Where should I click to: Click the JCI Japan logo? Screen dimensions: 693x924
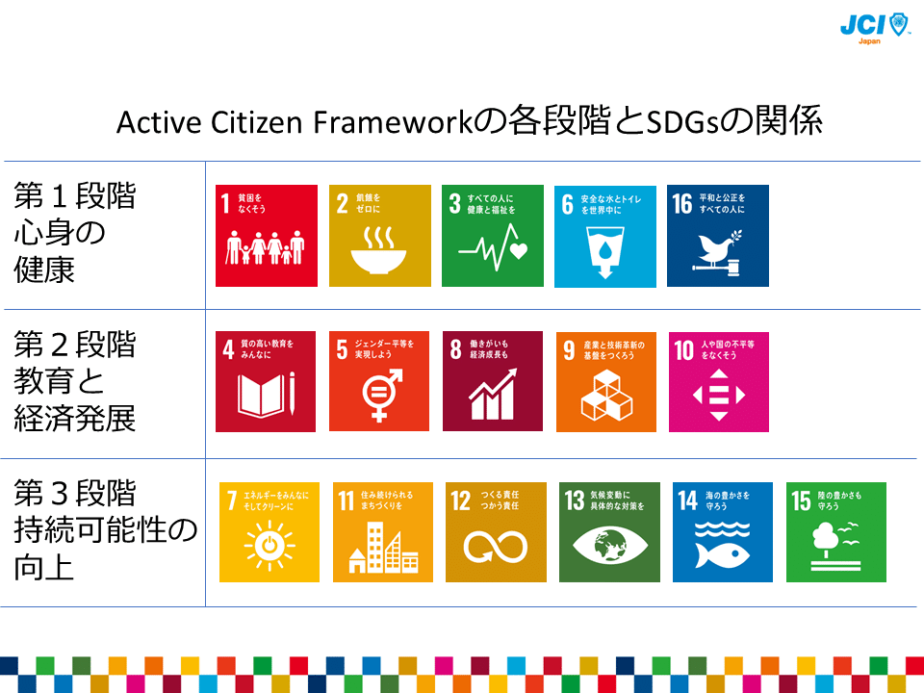[x=874, y=26]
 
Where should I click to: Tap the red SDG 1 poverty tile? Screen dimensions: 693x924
[x=266, y=235]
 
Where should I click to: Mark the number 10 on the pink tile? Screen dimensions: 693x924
[x=683, y=349]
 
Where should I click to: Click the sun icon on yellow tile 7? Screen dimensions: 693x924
[x=269, y=546]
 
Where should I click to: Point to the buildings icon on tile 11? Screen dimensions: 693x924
[x=382, y=548]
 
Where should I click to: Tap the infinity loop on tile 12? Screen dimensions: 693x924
[x=495, y=547]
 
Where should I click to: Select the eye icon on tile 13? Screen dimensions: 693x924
[x=609, y=547]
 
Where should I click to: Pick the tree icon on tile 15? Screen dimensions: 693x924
[x=828, y=539]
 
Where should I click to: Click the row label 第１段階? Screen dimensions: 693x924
[x=75, y=195]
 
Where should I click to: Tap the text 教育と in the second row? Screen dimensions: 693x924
[x=59, y=381]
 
